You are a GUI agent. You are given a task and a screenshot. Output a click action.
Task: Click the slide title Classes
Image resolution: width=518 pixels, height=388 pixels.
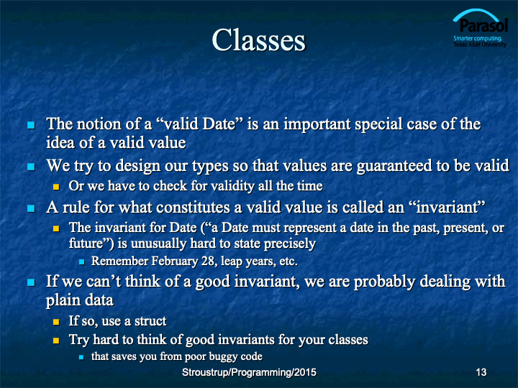(x=259, y=40)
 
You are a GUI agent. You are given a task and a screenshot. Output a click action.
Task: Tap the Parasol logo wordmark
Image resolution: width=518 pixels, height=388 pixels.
(x=483, y=25)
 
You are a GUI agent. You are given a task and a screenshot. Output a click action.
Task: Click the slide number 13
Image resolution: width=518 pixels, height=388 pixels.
(x=481, y=372)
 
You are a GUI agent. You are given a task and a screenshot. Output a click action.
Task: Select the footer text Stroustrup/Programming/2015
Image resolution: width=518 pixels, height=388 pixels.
(x=249, y=372)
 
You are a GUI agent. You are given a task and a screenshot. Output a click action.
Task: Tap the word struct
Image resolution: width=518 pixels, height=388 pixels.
(x=150, y=321)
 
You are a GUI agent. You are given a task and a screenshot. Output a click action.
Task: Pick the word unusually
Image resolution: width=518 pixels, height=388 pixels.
(x=158, y=244)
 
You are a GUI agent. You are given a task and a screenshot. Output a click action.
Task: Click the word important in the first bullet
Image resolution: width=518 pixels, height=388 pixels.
(x=317, y=124)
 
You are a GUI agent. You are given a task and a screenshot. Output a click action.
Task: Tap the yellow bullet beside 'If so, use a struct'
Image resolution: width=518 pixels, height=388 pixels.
(x=56, y=322)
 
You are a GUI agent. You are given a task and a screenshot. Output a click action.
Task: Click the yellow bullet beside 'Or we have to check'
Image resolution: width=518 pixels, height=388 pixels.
(x=56, y=187)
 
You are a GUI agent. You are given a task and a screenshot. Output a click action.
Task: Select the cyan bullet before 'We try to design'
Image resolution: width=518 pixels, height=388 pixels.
(x=31, y=167)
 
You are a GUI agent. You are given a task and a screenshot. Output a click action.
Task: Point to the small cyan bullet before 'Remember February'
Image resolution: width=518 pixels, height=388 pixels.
(x=81, y=262)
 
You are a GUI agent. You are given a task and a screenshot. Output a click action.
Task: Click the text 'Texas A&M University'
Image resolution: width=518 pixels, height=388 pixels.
(x=480, y=45)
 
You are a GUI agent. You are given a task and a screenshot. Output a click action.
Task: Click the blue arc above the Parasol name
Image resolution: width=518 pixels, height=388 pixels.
(x=476, y=11)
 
